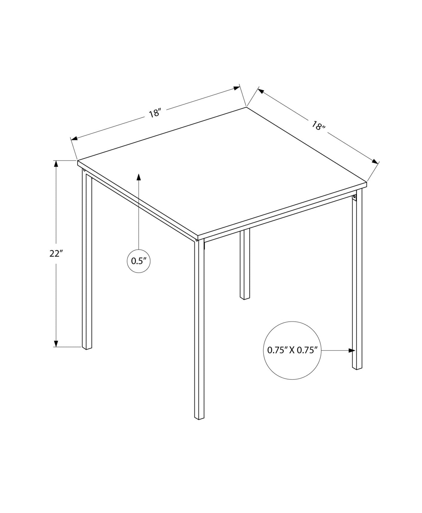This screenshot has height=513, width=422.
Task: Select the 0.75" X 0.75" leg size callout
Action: point(292,350)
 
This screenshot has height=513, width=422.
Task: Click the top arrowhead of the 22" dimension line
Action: point(56,164)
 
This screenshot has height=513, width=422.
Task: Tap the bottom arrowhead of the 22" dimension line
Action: point(56,344)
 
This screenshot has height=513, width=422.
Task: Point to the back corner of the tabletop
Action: point(246,107)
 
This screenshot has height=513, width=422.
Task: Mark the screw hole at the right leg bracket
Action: point(355,196)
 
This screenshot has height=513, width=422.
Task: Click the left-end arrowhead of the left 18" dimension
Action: point(74,138)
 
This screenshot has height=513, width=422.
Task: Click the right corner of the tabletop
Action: point(367,182)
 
